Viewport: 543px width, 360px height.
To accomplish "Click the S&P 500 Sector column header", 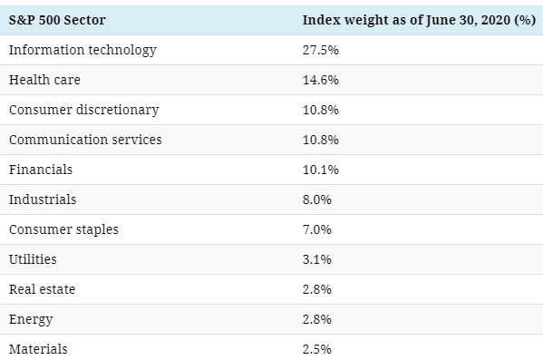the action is pos(57,20).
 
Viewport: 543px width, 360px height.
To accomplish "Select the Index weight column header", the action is pos(419,20).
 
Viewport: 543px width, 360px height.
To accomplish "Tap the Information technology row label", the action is pos(82,50).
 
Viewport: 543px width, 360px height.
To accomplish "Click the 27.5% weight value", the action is pos(321,50).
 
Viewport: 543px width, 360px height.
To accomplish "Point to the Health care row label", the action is pos(44,80).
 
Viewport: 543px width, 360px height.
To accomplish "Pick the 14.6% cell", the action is pos(321,80).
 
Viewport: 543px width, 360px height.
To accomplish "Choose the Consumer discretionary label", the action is pos(84,111).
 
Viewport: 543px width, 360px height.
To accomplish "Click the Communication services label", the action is pos(85,140).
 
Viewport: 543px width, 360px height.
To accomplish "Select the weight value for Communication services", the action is pos(321,140).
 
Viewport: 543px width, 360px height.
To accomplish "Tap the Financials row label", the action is pos(41,170).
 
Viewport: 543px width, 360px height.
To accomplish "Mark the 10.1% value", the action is pos(321,170).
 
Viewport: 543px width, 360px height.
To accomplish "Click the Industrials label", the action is pos(43,199).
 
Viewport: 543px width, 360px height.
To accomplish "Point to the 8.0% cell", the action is pos(317,199).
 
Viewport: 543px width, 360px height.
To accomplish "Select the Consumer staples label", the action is pos(63,229).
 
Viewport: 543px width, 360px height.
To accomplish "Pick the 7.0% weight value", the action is pos(317,229).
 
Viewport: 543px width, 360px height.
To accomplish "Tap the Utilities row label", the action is pos(33,259).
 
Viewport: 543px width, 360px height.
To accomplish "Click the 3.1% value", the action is pos(317,259).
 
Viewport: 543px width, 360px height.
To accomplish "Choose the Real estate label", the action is pos(43,289).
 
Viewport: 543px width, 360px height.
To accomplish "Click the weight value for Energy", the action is pos(317,319).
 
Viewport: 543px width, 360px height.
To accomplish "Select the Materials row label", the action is pos(38,349).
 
